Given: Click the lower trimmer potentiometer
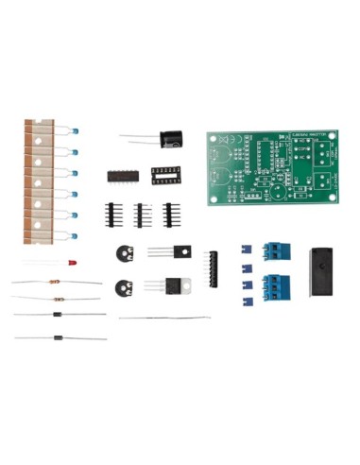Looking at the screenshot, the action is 120,289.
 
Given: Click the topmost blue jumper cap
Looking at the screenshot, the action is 244,250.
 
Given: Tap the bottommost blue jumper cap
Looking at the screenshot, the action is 244,302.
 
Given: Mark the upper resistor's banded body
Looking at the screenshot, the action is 56,282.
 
